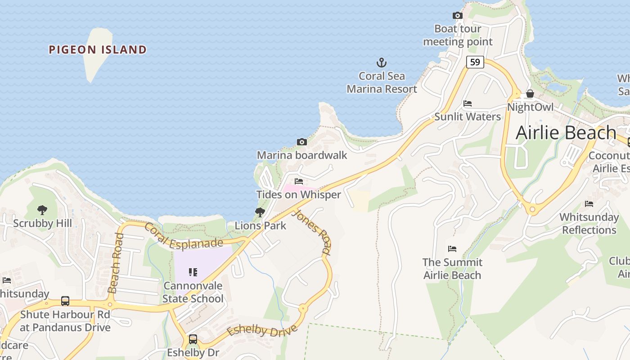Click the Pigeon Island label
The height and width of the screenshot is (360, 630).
[98, 49]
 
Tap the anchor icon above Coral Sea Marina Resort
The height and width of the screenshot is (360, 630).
[382, 63]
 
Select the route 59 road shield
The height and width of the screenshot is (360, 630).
[475, 62]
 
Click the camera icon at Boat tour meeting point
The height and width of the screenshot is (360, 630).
[458, 16]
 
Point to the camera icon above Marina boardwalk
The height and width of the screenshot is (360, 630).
[302, 142]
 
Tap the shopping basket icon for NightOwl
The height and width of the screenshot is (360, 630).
[530, 94]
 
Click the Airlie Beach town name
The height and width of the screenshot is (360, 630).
[566, 133]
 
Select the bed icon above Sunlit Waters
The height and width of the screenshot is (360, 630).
[468, 103]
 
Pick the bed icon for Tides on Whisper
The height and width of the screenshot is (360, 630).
[299, 181]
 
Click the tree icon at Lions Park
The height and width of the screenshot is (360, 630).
[260, 212]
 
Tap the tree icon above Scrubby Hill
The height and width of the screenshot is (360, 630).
[42, 210]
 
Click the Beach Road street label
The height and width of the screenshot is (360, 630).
[115, 263]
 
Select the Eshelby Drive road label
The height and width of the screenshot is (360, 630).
[262, 331]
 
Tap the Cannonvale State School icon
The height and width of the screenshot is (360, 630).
[193, 272]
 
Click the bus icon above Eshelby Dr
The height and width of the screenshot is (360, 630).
[193, 339]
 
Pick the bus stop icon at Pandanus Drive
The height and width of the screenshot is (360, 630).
[65, 301]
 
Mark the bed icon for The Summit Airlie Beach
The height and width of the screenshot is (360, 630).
[452, 249]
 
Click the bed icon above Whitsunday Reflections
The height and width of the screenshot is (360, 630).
[589, 204]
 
